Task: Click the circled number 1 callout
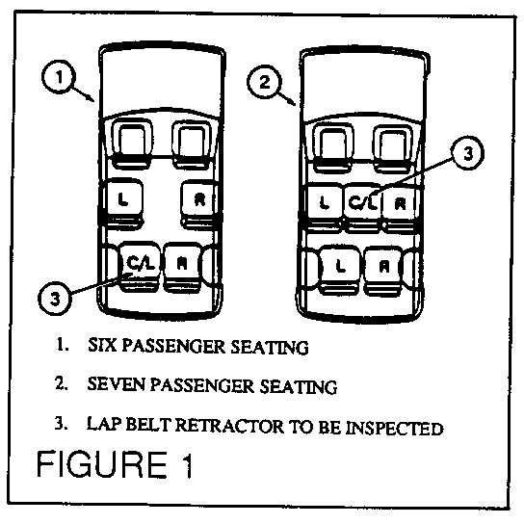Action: coord(59,77)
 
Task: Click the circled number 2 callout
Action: coord(264,82)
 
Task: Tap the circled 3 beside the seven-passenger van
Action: coord(468,153)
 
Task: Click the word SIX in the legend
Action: coord(102,346)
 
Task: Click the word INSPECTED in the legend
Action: coord(394,428)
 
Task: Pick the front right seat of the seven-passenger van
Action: coord(393,149)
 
